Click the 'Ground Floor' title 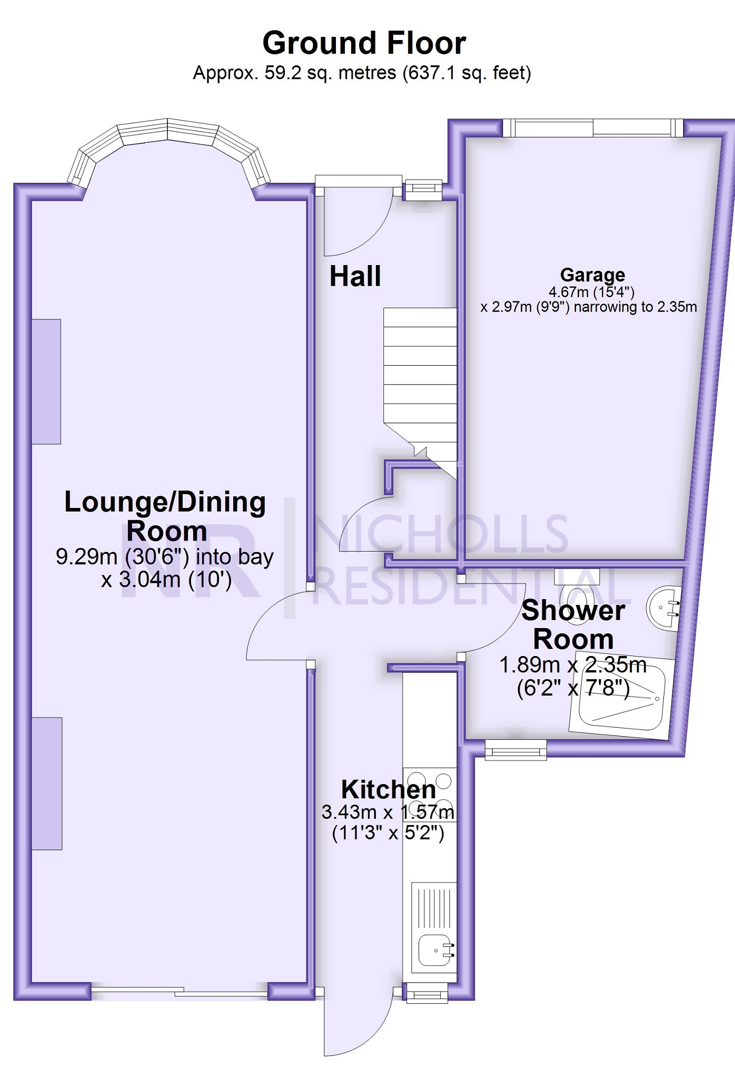364,43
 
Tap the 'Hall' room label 355,276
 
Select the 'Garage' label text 592,275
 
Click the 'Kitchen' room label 389,789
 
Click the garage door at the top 593,128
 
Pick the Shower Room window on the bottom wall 515,749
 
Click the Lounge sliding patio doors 179,993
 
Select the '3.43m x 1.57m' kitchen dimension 388,812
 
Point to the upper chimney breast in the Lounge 46,381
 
